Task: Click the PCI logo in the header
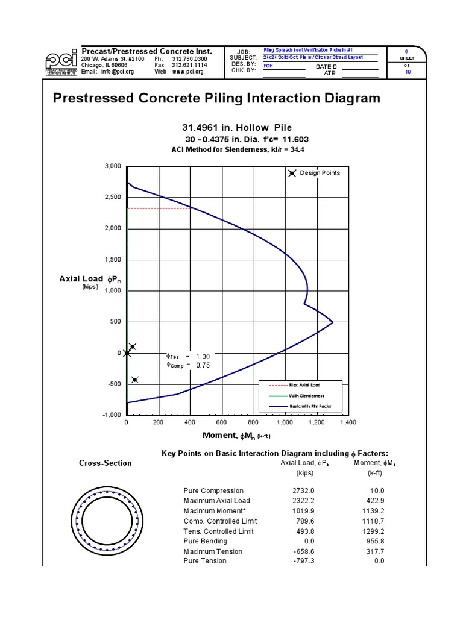[x=60, y=60]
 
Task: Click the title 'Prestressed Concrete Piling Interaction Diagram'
[x=216, y=98]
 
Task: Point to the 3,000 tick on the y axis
[x=112, y=166]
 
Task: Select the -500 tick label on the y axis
[x=113, y=384]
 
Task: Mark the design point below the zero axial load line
[x=135, y=380]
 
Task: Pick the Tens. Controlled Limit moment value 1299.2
[x=372, y=531]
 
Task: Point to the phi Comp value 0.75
[x=203, y=364]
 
